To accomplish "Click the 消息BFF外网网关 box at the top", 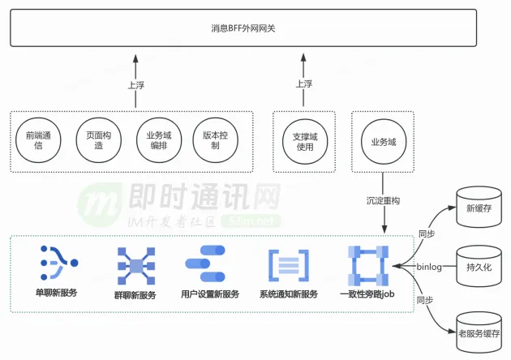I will click(255, 28).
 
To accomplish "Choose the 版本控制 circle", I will click(215, 140).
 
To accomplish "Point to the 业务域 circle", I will click(383, 141).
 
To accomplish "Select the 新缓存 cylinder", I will click(474, 208).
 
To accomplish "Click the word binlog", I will click(428, 266).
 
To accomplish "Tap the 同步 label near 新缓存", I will click(425, 234).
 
